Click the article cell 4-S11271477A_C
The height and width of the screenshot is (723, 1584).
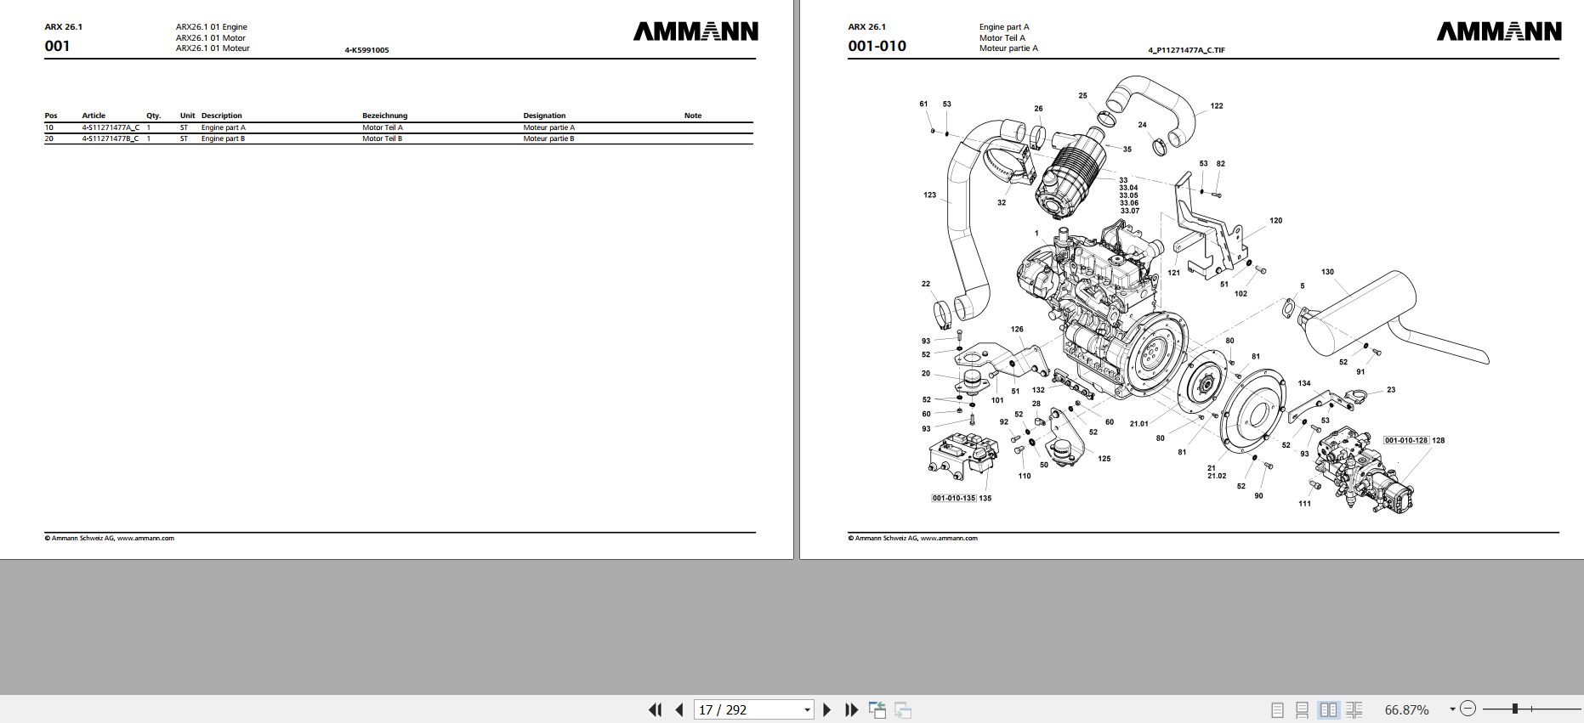[x=111, y=127]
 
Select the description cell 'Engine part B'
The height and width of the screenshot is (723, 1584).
[x=223, y=138]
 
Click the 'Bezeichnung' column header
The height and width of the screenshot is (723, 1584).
[x=384, y=116]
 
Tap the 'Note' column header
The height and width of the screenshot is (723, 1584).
[x=693, y=116]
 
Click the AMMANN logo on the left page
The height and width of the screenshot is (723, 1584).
[x=695, y=31]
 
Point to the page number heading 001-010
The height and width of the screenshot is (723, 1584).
[x=877, y=46]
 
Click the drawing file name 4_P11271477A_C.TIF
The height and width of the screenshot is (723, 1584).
[x=1186, y=50]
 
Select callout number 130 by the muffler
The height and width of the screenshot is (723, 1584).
[x=1327, y=272]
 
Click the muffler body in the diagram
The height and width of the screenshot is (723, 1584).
[x=1360, y=306]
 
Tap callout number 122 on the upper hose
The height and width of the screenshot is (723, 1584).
[x=1216, y=106]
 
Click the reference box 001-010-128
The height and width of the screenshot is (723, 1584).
[x=1405, y=440]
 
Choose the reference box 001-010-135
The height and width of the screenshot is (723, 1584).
[x=953, y=498]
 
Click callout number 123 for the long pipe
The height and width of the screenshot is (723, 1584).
[x=929, y=195]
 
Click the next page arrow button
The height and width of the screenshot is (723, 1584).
[x=826, y=709]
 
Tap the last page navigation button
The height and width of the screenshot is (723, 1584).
[x=851, y=709]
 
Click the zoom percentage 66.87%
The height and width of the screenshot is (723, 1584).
[x=1407, y=709]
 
